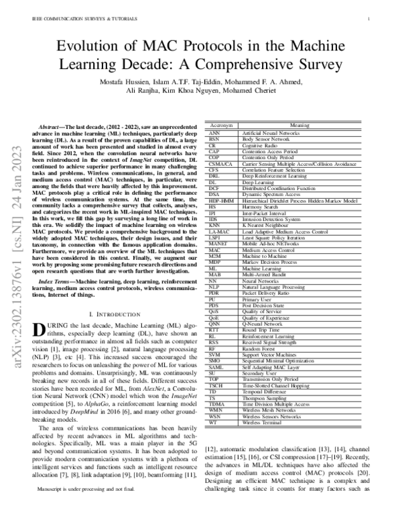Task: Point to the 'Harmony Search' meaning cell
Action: tap(261, 207)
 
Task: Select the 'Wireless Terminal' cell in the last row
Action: tap(262, 405)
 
